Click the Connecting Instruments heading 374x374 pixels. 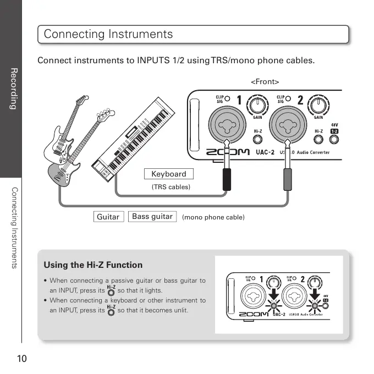click(108, 34)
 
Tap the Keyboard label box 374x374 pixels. click(169, 174)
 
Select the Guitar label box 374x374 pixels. click(108, 217)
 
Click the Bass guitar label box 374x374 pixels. click(152, 216)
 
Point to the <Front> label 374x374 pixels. click(265, 82)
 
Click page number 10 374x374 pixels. click(22, 359)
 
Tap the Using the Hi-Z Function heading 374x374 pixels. click(92, 265)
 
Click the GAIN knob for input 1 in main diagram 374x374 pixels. click(256, 103)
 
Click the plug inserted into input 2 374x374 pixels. click(286, 179)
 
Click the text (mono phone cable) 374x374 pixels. click(213, 217)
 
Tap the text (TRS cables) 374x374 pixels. click(170, 187)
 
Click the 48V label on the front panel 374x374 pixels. click(334, 124)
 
